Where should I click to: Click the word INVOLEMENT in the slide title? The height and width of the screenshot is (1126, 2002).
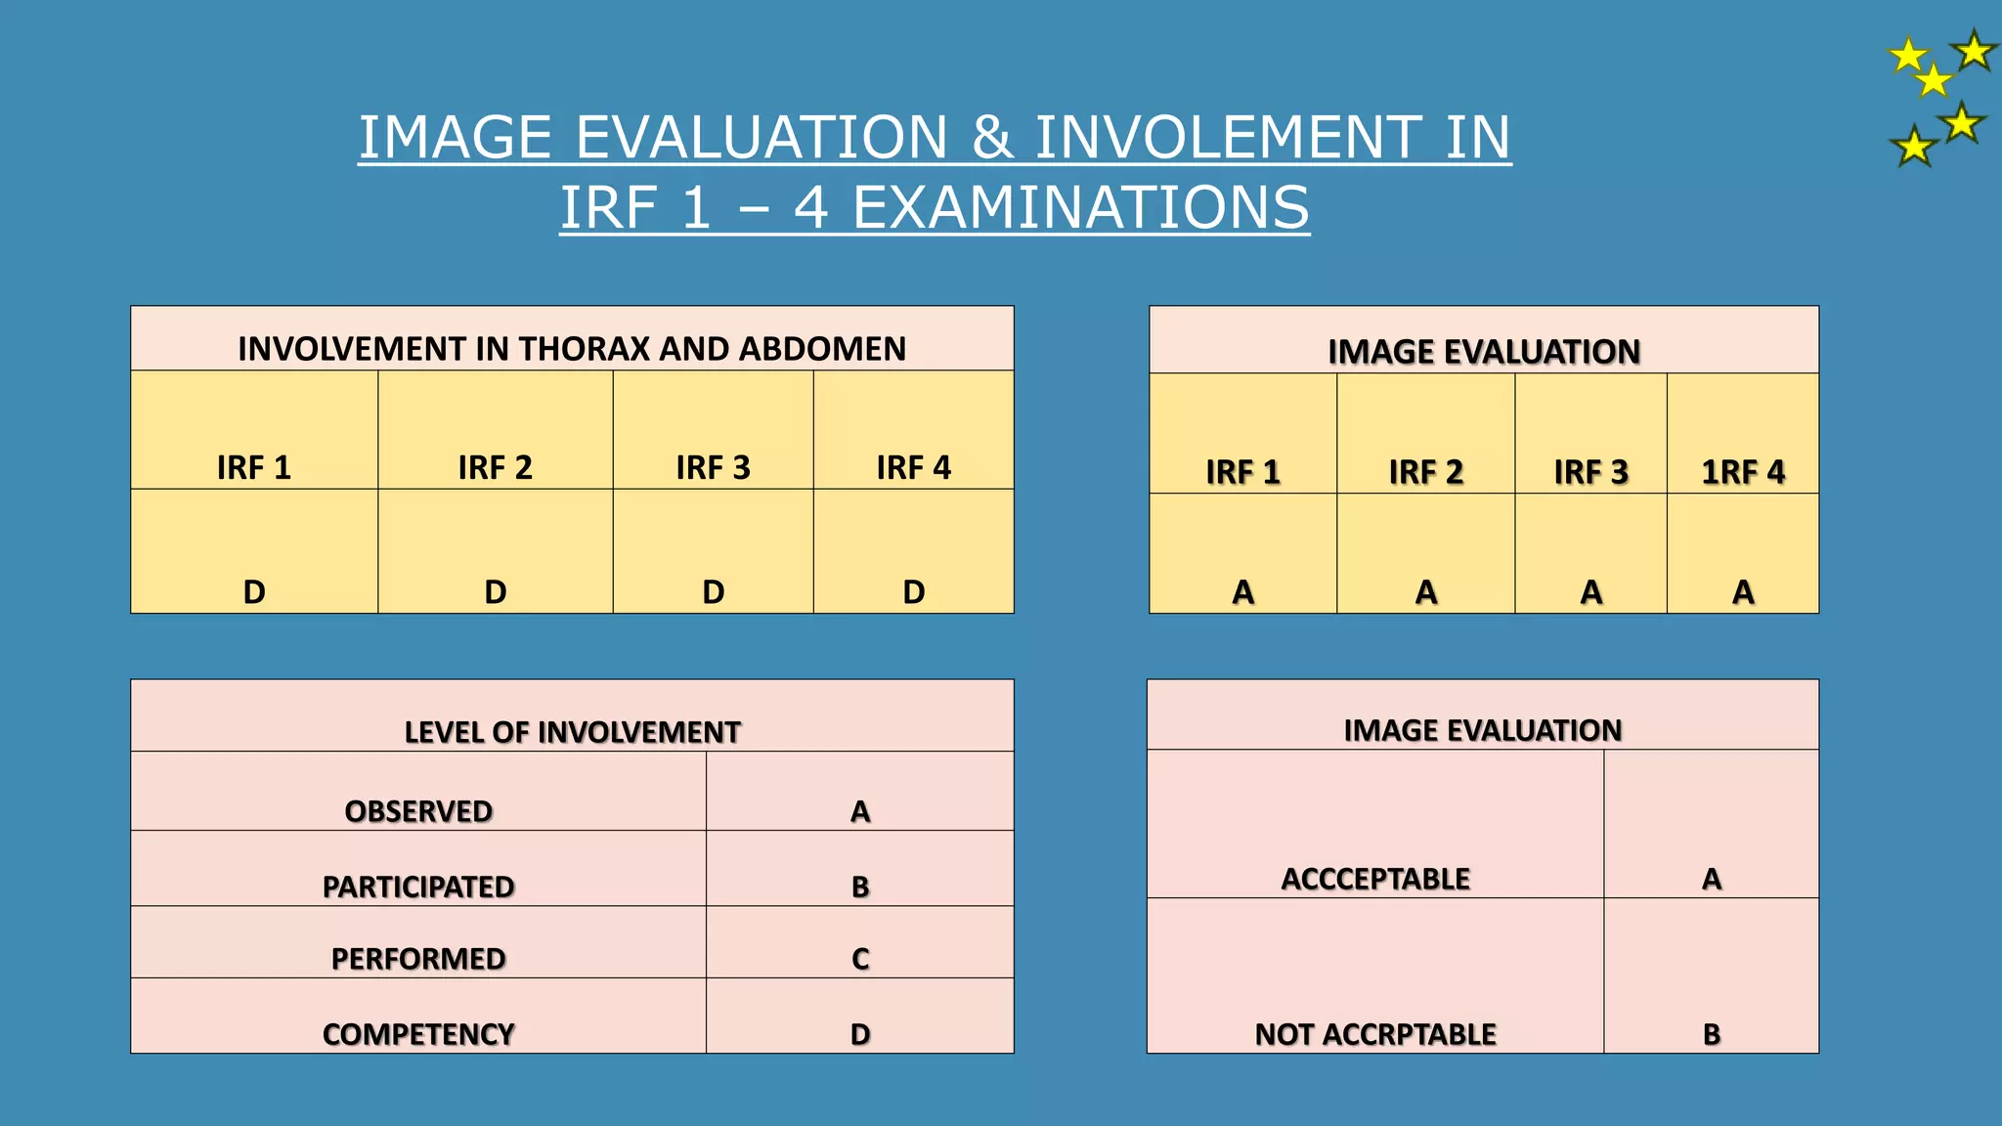(x=1224, y=137)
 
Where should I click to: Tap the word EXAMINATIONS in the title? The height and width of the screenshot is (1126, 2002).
(x=1080, y=208)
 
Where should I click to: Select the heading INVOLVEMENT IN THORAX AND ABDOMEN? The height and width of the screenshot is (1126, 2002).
(x=572, y=349)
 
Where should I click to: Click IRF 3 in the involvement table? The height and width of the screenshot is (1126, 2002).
(x=713, y=468)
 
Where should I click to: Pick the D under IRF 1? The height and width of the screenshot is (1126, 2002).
(x=254, y=592)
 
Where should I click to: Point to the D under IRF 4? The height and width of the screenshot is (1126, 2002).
(x=913, y=592)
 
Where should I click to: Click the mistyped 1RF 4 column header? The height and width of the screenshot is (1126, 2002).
(x=1743, y=472)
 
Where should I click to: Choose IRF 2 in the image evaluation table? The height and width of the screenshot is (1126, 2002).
(x=1425, y=472)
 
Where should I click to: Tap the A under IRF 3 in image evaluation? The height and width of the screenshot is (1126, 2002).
(x=1590, y=592)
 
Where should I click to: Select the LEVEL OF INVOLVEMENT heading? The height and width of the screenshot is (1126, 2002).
(x=572, y=732)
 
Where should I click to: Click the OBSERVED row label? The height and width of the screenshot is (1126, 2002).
(x=418, y=811)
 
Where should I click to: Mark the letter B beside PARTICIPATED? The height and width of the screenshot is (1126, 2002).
(x=860, y=887)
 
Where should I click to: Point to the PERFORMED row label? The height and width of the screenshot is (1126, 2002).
(x=418, y=959)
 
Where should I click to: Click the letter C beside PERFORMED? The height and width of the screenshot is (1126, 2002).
(x=860, y=959)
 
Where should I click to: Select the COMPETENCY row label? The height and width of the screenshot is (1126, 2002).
(x=418, y=1034)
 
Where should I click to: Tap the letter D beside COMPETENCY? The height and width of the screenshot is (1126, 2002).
(x=860, y=1034)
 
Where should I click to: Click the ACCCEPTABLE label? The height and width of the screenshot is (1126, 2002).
(x=1375, y=879)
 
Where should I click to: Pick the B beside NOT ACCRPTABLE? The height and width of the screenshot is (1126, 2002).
(x=1712, y=1034)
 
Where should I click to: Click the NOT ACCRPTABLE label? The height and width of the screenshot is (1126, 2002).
(x=1375, y=1034)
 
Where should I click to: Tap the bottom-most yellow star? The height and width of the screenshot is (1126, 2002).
(x=1913, y=148)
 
